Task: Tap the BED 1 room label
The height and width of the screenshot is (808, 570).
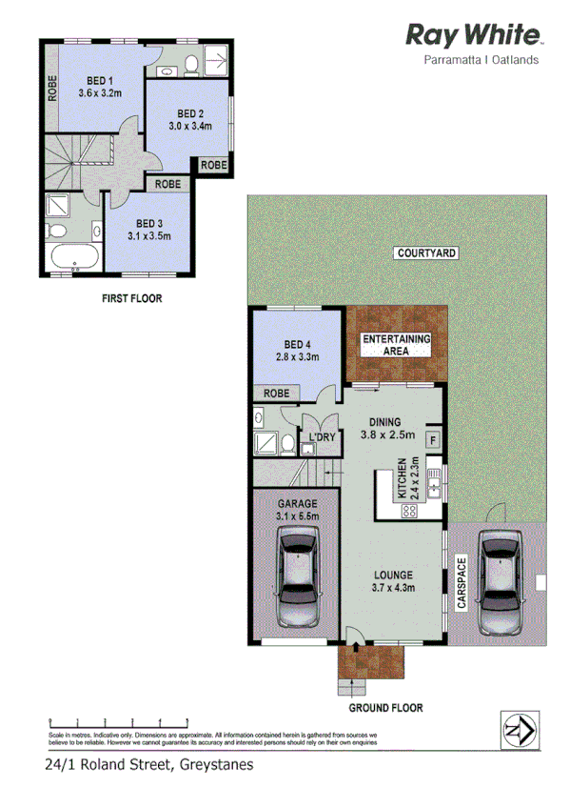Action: pos(95,81)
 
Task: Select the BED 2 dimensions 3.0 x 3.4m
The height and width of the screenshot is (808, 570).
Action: pos(189,126)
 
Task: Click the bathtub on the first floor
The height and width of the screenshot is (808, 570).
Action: pos(72,258)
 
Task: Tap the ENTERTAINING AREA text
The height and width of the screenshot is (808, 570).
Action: pos(396,345)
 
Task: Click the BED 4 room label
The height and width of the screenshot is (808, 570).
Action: pos(297,345)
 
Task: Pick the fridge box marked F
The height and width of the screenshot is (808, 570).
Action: pos(432,439)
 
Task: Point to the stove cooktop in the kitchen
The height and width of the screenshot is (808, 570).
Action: pos(411,510)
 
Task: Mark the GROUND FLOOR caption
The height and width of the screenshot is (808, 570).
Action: pos(385,708)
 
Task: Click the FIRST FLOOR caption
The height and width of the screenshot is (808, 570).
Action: pos(131,298)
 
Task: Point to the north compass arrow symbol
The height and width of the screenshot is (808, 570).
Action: pos(519,732)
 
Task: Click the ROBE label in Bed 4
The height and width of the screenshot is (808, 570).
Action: pos(277,393)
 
